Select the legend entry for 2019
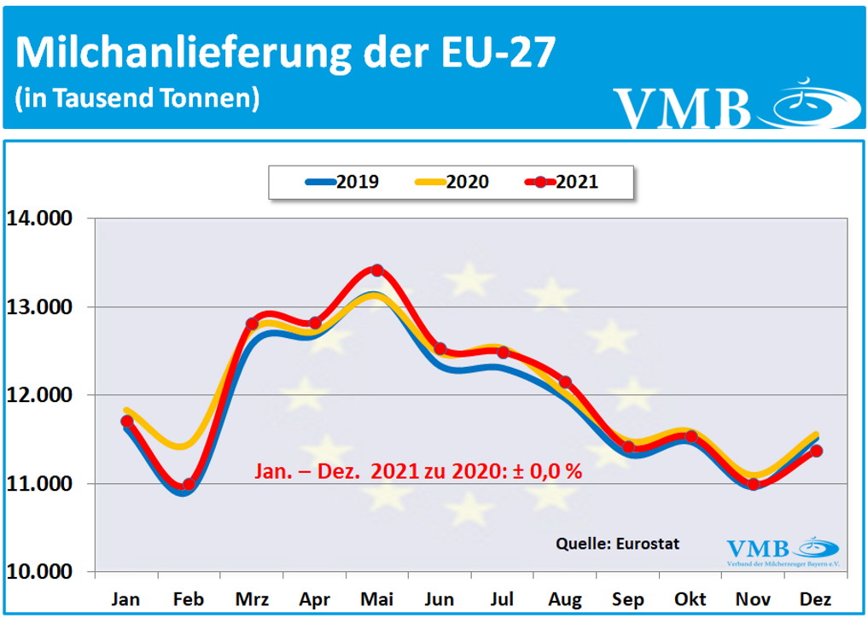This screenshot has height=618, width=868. click(x=341, y=182)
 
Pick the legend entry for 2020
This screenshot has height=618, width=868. click(x=451, y=182)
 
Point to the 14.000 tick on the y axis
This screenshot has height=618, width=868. click(x=44, y=219)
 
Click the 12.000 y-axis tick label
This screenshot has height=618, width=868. click(x=44, y=395)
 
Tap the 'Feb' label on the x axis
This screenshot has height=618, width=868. click(x=189, y=600)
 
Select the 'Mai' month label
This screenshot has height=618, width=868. click(x=377, y=600)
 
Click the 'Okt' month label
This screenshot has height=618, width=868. click(x=690, y=600)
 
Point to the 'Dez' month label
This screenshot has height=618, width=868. click(x=816, y=600)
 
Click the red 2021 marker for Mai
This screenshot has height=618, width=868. click(x=377, y=271)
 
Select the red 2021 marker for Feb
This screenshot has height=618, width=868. click(x=189, y=485)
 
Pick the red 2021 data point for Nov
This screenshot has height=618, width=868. click(x=754, y=484)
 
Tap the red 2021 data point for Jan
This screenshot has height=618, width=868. click(x=127, y=421)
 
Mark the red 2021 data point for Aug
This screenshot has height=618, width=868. click(x=565, y=382)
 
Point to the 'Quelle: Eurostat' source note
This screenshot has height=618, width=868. click(x=618, y=544)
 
